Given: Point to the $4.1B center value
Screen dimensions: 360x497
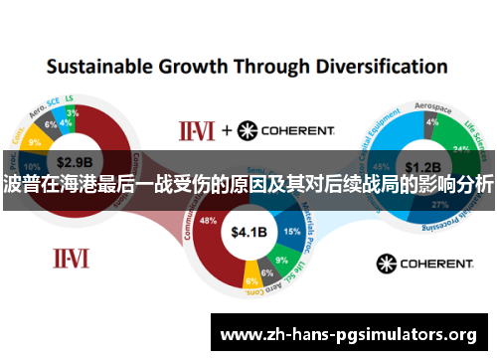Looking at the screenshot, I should click(249, 233).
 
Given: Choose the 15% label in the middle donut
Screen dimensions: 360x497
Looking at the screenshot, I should click(291, 231).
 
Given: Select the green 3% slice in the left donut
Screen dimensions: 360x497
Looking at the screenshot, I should click(72, 112).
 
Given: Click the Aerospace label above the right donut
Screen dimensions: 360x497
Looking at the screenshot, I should click(430, 102).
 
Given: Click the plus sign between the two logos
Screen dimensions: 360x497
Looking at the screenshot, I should click(226, 130).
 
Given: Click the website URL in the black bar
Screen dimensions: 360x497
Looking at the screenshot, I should click(347, 334).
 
